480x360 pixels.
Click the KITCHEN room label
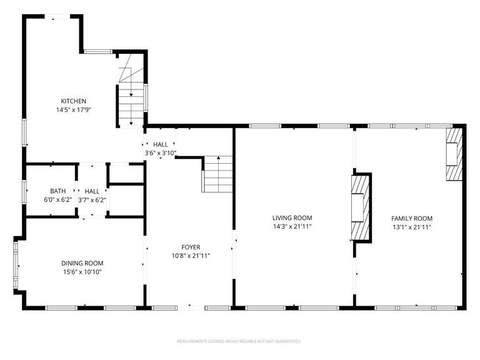73,101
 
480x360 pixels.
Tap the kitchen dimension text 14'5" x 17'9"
73,110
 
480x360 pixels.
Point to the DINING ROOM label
82,263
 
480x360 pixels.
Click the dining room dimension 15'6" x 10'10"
82,272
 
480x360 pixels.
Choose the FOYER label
191,247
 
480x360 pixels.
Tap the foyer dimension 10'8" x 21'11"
191,256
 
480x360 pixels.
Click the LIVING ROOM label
292,217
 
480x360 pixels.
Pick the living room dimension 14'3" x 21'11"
292,226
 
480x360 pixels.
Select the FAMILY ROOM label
412,218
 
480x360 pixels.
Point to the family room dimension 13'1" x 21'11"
412,227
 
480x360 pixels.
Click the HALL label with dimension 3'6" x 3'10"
161,144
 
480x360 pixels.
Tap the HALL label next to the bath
92,191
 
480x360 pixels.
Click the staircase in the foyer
217,174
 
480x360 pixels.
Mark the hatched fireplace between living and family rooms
360,207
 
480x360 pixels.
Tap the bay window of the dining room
17,266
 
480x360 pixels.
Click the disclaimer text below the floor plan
239,342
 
